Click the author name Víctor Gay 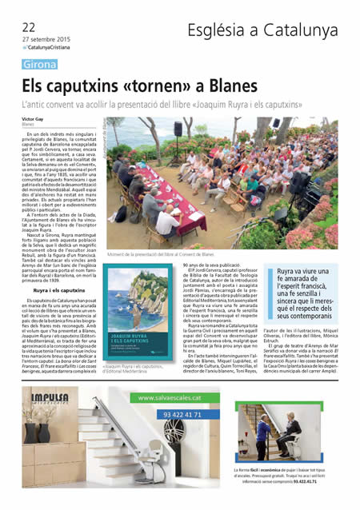pyautogui.click(x=34, y=118)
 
